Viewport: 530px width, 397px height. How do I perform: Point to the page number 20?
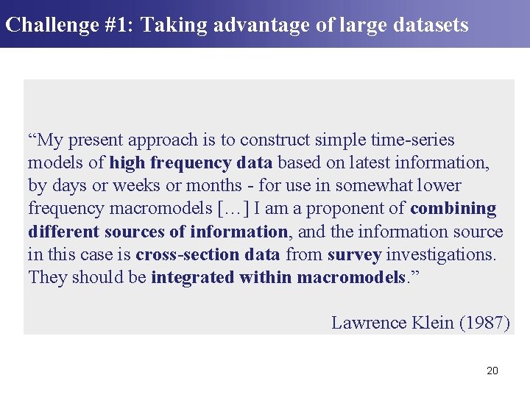pyautogui.click(x=492, y=371)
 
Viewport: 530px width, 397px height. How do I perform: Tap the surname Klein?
pyautogui.click(x=428, y=323)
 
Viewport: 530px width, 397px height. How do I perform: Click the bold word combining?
pyautogui.click(x=453, y=209)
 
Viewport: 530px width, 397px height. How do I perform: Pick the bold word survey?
pyautogui.click(x=353, y=254)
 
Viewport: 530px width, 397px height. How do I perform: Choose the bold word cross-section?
pyautogui.click(x=182, y=254)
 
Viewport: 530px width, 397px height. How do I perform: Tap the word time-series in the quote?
pyautogui.click(x=414, y=140)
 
